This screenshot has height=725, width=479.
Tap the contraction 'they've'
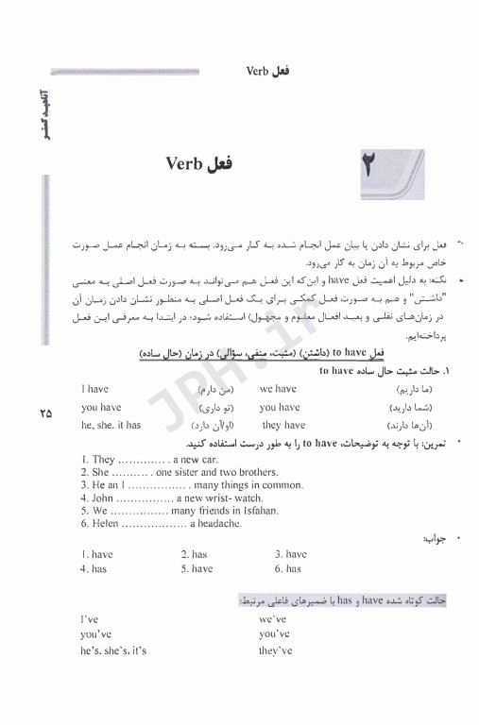[275, 650]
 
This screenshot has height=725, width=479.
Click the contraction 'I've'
[91, 618]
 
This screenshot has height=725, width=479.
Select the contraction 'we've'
[272, 618]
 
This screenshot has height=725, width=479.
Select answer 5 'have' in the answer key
[198, 569]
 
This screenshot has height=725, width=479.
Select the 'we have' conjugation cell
[279, 388]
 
